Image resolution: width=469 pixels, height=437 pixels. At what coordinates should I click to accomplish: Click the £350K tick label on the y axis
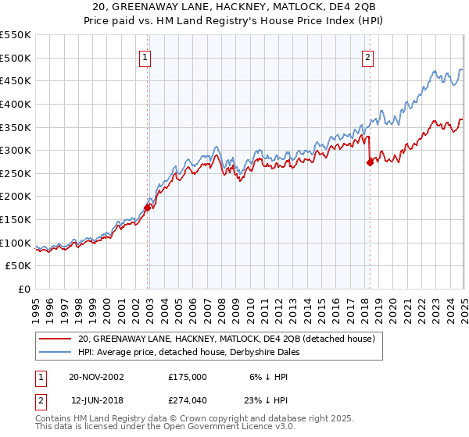(x=16, y=126)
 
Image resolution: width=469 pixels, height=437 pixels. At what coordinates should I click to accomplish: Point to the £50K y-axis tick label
(x=19, y=266)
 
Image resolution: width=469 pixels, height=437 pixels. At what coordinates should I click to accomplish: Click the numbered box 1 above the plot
(x=145, y=56)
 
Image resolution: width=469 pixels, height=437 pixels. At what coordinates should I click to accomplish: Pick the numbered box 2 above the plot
(x=367, y=56)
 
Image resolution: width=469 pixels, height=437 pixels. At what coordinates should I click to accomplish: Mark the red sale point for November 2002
(x=147, y=208)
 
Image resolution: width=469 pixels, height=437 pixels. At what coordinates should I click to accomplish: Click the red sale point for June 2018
(x=370, y=162)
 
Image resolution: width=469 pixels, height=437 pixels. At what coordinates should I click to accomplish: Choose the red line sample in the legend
(x=55, y=339)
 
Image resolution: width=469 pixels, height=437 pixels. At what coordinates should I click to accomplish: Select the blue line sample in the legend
(x=55, y=352)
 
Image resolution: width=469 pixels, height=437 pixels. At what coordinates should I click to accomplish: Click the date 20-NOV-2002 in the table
(x=96, y=376)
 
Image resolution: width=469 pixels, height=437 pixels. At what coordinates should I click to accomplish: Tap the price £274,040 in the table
(x=188, y=400)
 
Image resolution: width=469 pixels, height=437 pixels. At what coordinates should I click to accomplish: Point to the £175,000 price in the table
(x=188, y=376)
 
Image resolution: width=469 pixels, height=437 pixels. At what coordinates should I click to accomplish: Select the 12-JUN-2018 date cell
(x=95, y=400)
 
